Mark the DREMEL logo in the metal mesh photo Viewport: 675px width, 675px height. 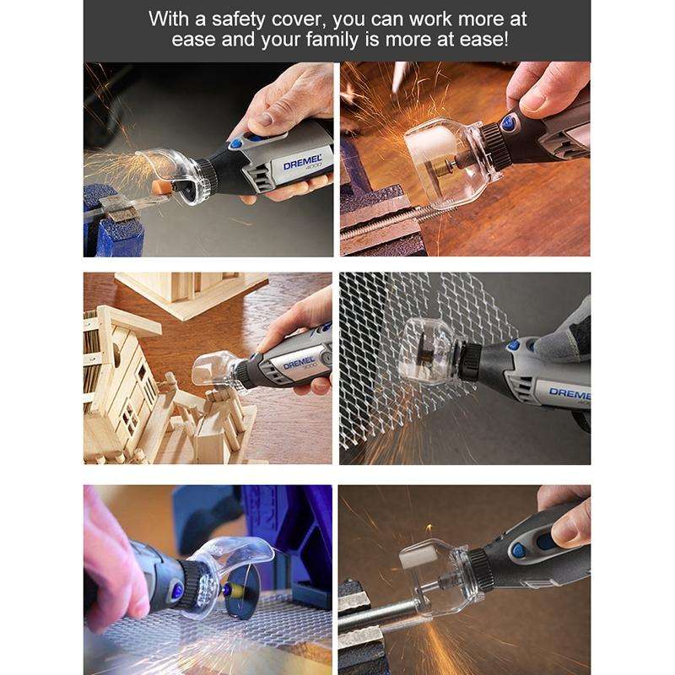569,393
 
